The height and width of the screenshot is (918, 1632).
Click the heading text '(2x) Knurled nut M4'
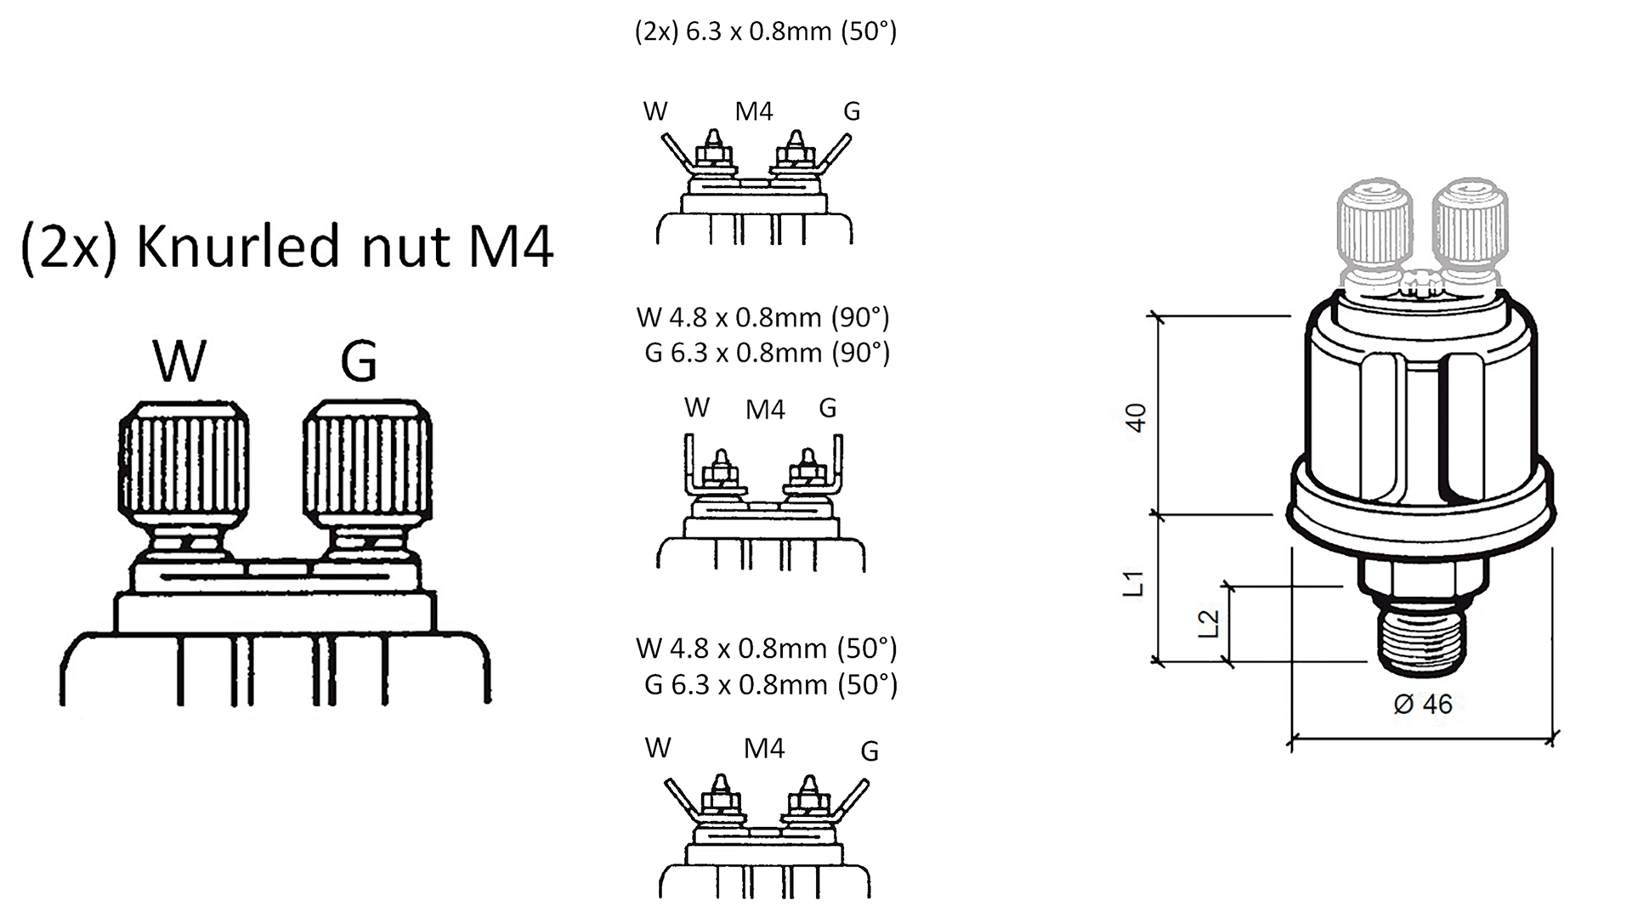(x=287, y=246)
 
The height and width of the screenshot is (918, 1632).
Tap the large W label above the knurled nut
(x=179, y=360)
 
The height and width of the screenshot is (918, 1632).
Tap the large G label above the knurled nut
(x=358, y=360)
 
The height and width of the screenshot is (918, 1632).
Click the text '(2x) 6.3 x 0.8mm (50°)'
(x=766, y=31)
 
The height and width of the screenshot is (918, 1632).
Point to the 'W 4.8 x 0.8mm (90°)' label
(x=762, y=317)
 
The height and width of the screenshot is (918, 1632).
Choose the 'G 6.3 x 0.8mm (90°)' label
(x=767, y=352)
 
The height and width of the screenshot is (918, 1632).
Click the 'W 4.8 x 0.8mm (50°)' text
(x=766, y=649)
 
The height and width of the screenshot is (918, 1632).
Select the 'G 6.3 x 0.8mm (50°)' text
(x=770, y=684)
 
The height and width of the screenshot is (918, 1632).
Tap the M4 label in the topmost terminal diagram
(x=754, y=111)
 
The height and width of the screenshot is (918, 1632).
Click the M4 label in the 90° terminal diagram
(x=765, y=410)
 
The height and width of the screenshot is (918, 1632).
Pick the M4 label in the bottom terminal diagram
(x=763, y=749)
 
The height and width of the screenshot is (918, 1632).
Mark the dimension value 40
(x=1136, y=416)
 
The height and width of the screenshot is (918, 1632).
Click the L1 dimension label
(x=1135, y=584)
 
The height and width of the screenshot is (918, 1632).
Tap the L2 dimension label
(x=1209, y=623)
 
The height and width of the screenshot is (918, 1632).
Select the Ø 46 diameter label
(x=1423, y=704)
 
